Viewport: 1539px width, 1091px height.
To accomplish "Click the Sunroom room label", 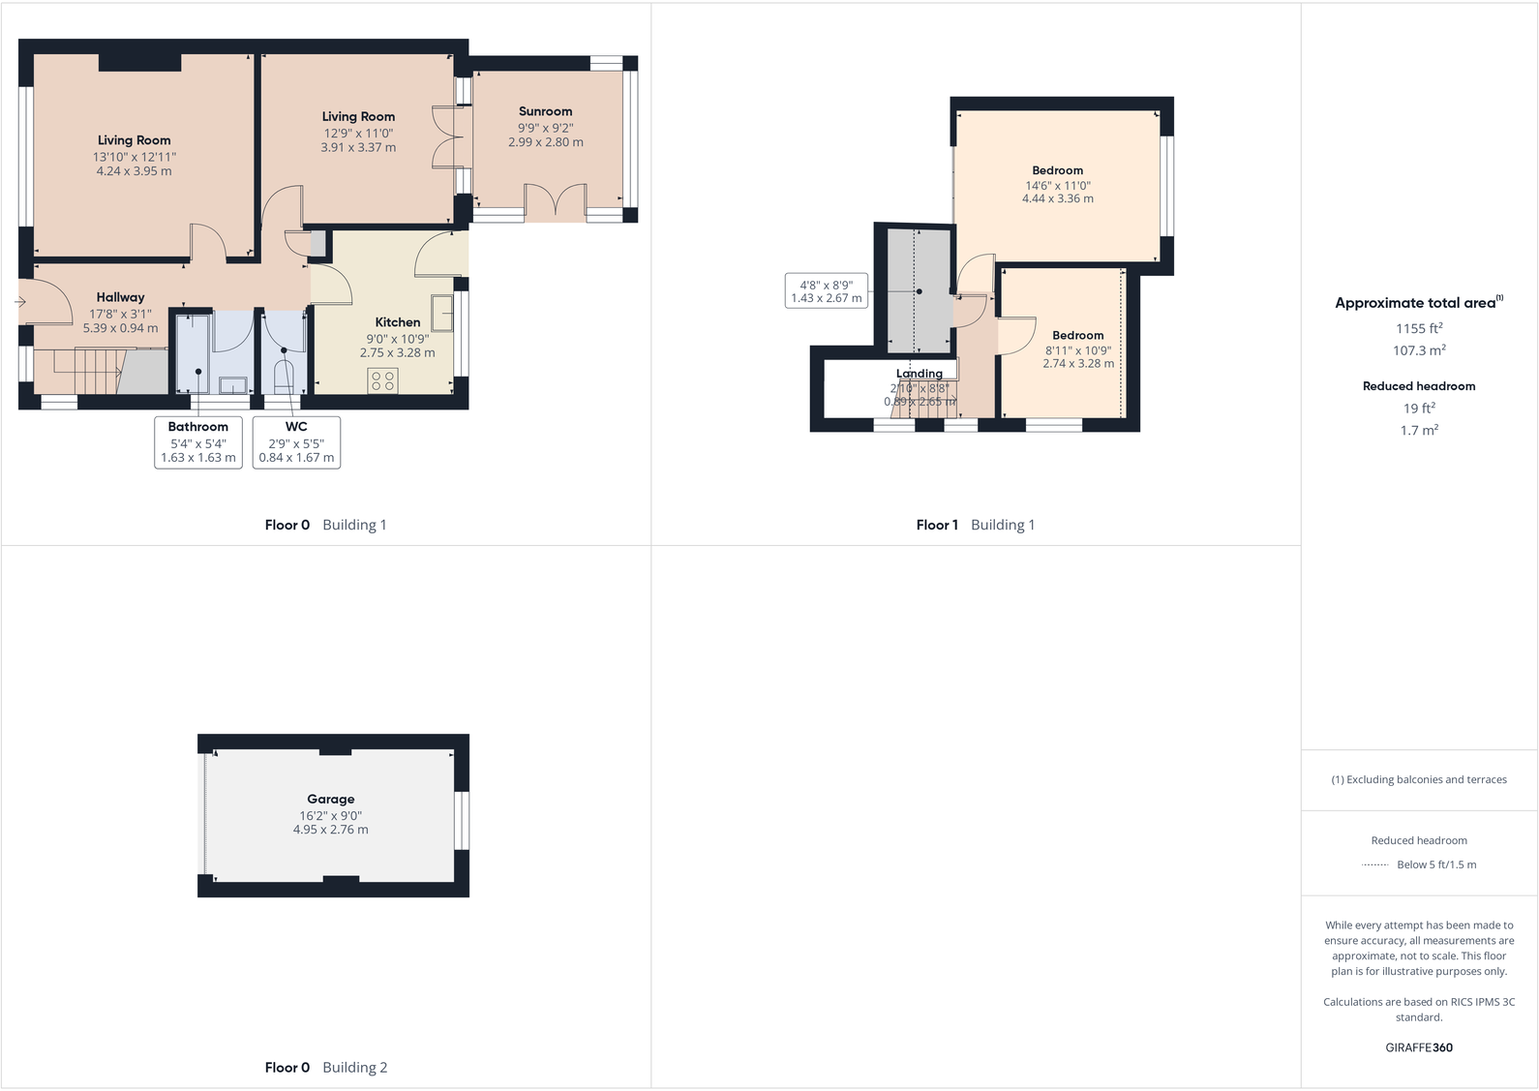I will click(x=545, y=111).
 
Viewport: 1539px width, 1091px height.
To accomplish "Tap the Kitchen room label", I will click(x=398, y=322).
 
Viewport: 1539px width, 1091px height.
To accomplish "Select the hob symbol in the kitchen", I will click(x=383, y=380).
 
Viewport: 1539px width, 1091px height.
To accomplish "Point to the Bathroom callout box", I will click(x=198, y=442).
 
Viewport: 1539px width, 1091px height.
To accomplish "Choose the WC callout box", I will click(x=296, y=442).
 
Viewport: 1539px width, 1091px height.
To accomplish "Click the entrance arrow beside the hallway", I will click(x=20, y=302).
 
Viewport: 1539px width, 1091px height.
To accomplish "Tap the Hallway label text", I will click(x=120, y=297).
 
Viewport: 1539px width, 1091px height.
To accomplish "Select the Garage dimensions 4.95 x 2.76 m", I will click(x=330, y=830).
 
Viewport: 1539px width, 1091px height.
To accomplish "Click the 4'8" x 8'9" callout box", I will click(x=826, y=290).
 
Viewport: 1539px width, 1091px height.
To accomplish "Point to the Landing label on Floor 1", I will click(x=919, y=374).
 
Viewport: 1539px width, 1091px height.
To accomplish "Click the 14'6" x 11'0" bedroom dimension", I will click(x=1057, y=185).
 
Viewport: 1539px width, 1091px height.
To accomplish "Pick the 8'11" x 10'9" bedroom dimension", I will click(x=1077, y=350).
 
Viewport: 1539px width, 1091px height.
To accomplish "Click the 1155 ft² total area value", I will click(x=1418, y=328).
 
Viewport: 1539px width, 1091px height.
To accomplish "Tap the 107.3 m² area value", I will click(x=1418, y=350).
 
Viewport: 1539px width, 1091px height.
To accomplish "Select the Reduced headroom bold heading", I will click(x=1418, y=385).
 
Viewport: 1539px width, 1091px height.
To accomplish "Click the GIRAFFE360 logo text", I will click(x=1418, y=1047).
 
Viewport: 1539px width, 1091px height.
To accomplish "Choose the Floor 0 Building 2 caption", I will click(x=325, y=1067).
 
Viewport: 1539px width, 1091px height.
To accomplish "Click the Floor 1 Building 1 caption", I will click(x=975, y=525).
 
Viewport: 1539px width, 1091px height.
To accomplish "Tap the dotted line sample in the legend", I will click(x=1374, y=864).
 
